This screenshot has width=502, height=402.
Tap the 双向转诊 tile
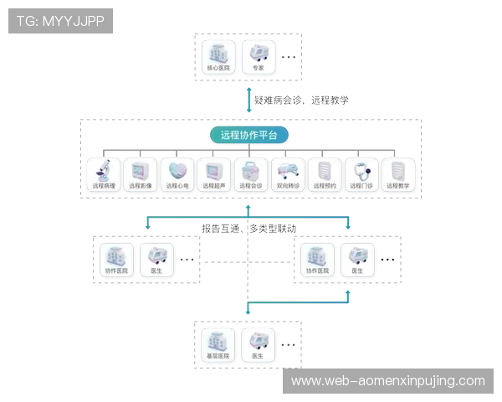pos(287,175)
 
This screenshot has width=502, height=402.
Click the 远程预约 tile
pos(324,175)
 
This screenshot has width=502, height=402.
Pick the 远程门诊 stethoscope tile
pos(361,175)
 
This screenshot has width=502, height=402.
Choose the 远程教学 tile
pos(398,175)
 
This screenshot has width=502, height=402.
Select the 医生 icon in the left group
pos(156,260)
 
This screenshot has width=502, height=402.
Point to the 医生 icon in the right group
pos(357,260)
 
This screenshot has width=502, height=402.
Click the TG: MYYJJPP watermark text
pos(60,21)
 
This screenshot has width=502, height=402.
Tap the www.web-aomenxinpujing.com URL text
pos(387,381)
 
